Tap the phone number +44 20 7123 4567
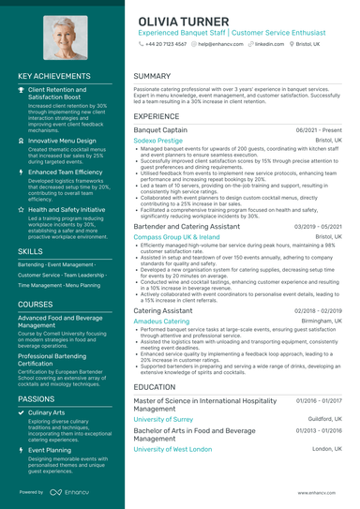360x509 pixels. (x=166, y=44)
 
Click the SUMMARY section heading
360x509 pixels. (x=152, y=76)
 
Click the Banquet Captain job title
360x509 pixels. (x=161, y=130)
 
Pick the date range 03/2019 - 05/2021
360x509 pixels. (x=319, y=227)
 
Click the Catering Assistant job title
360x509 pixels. (x=165, y=309)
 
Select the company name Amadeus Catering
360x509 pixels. (x=161, y=321)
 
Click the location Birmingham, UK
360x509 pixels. (x=323, y=321)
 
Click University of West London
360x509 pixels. (x=172, y=449)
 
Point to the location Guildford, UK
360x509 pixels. (x=327, y=419)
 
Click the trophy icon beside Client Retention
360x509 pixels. (x=22, y=90)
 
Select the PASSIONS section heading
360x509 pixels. (x=36, y=398)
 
